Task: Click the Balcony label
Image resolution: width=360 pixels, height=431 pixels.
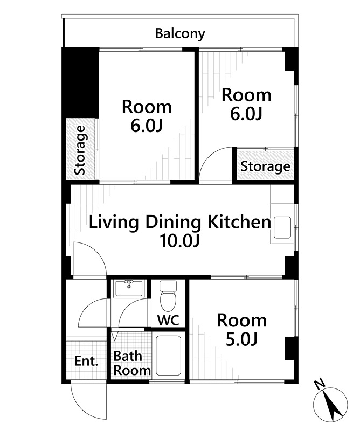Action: tap(180, 34)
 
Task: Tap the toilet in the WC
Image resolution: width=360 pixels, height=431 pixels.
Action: tap(168, 296)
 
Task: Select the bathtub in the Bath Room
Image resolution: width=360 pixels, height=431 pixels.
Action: tap(168, 356)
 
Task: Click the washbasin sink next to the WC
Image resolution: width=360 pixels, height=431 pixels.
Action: tap(129, 289)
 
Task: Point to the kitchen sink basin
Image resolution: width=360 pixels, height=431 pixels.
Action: tap(282, 228)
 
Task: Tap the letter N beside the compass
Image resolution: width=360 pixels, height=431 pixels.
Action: tap(319, 385)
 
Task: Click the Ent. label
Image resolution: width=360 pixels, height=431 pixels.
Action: tap(86, 361)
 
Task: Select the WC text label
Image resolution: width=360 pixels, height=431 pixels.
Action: tap(168, 320)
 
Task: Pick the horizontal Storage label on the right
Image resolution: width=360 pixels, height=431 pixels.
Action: tap(265, 166)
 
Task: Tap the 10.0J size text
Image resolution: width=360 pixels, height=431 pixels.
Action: tap(179, 241)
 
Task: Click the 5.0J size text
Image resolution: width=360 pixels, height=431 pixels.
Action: tap(241, 340)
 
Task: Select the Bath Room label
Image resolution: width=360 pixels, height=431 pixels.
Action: tap(131, 363)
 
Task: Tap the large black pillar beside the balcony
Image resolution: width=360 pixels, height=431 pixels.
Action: tap(80, 83)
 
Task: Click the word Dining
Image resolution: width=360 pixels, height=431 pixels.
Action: tap(173, 223)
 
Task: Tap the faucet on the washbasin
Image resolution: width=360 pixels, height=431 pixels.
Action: tap(128, 283)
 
